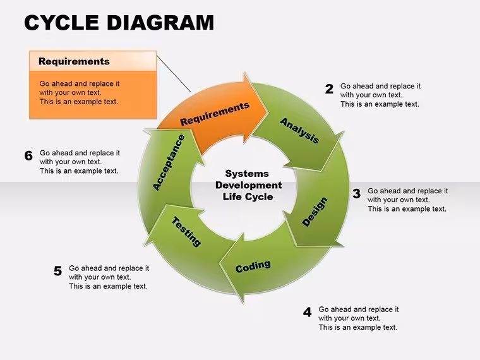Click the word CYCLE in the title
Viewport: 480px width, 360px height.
[61, 23]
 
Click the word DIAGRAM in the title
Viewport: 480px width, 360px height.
[160, 23]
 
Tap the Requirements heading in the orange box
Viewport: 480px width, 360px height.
[74, 61]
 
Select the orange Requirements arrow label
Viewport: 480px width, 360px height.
[215, 114]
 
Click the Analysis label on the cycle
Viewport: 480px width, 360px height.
[299, 130]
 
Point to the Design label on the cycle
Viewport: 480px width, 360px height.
[315, 212]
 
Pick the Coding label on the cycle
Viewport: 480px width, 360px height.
[253, 267]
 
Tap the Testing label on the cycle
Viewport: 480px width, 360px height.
[186, 231]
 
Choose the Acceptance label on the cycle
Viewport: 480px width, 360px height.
[169, 162]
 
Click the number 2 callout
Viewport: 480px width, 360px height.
[329, 89]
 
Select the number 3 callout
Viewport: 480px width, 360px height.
[356, 193]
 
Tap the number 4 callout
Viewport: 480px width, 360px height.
[308, 312]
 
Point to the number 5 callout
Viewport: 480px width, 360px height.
[57, 271]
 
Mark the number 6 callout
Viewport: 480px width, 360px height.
[28, 155]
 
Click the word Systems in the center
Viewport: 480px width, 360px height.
[247, 174]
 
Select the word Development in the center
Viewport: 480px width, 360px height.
[249, 185]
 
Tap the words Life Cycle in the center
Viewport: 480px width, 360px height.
[248, 197]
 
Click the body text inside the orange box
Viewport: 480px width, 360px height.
[80, 93]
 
